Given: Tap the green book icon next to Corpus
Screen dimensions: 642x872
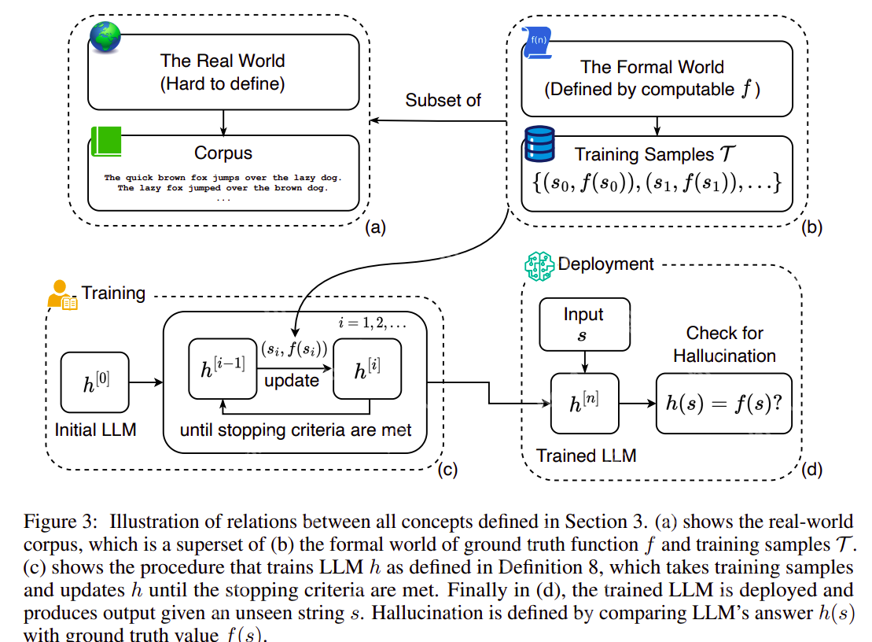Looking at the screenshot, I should [x=106, y=140].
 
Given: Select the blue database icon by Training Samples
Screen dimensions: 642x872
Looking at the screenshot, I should [x=539, y=143].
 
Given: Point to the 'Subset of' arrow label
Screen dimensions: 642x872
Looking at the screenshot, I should [x=443, y=100].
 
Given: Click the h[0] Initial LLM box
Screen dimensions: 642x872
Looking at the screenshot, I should [x=94, y=382].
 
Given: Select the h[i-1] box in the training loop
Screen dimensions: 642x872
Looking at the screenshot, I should [x=223, y=367].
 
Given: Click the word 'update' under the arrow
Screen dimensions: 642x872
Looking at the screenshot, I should [x=292, y=381].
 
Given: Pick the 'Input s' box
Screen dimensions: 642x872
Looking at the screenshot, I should [x=583, y=323].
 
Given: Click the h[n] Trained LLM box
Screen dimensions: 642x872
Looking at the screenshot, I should [x=584, y=404].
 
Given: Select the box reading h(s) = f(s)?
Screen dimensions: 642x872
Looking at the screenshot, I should [x=724, y=404].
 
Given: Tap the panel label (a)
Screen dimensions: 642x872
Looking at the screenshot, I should [x=375, y=228].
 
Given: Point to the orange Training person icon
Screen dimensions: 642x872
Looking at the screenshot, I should [x=61, y=294].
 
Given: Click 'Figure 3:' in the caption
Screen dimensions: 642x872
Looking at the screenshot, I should [x=61, y=521].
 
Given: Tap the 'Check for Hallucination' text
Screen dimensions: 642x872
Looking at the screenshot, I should [x=724, y=344].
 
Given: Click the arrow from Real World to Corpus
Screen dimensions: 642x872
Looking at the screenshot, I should [x=224, y=122].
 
